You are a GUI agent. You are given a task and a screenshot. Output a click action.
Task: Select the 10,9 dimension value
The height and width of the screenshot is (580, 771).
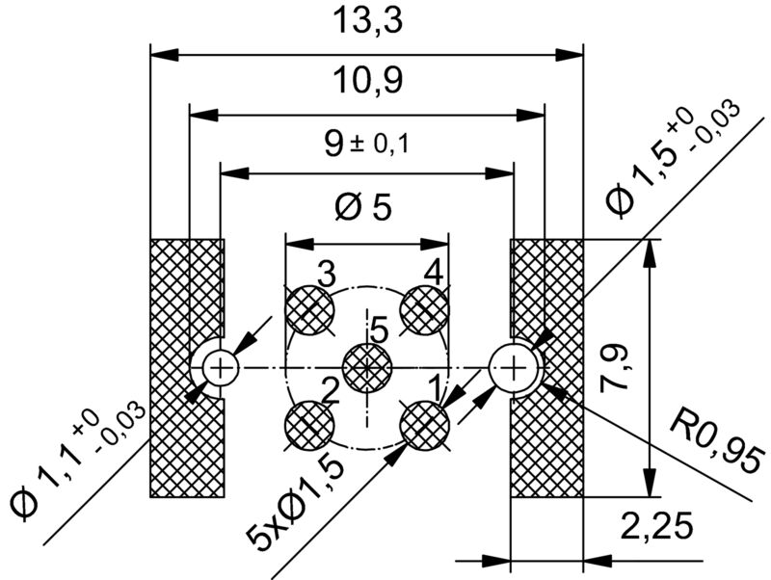pos(367,82)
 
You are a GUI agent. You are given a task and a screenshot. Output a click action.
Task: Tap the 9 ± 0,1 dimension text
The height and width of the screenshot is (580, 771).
pos(367,145)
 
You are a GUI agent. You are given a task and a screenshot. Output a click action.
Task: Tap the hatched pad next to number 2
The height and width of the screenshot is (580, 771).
pos(310,424)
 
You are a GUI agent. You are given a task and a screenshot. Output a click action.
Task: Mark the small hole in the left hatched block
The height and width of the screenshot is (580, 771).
pos(220,366)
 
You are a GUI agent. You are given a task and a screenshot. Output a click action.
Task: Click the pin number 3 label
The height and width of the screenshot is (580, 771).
pos(327,274)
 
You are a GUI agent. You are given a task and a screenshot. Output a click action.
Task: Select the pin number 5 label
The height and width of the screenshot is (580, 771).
pos(379,330)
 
